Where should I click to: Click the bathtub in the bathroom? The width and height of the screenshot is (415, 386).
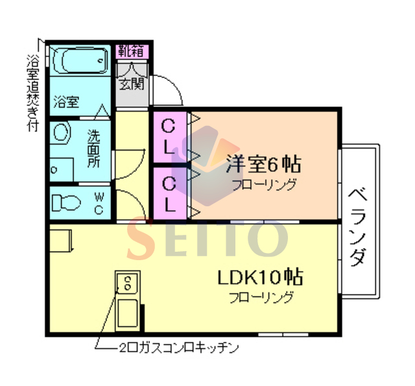(80, 60)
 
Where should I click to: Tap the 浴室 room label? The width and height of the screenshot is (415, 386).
(66, 102)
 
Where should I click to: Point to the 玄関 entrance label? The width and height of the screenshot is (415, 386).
(132, 84)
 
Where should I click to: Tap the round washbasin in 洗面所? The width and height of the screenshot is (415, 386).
(62, 132)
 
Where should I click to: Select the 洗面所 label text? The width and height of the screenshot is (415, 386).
(93, 149)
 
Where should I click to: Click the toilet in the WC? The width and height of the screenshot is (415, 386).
(66, 203)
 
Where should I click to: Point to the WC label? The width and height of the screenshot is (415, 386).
(99, 203)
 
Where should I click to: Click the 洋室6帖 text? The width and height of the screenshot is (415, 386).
(264, 164)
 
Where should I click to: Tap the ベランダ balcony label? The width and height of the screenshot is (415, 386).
(358, 227)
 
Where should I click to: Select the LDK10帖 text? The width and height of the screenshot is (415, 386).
(260, 277)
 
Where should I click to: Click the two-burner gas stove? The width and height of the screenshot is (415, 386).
(128, 283)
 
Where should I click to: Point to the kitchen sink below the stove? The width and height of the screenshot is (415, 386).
(128, 313)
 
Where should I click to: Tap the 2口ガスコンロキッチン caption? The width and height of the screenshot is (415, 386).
(179, 348)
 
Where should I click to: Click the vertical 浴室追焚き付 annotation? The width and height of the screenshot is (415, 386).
(33, 93)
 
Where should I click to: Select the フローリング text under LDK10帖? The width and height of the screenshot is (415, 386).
(261, 297)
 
